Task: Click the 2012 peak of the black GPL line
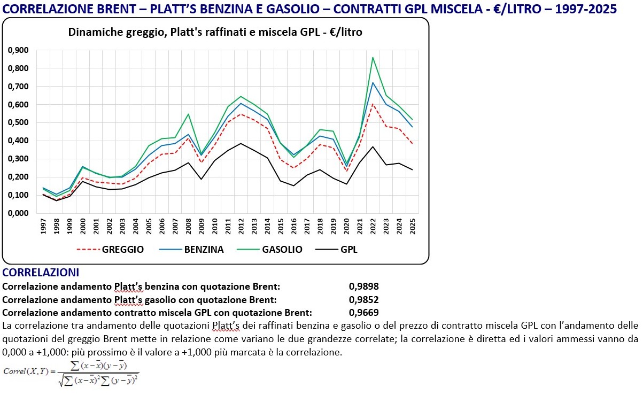[x=241, y=143]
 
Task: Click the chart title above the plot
[x=215, y=32]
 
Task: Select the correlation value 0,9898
[x=363, y=286]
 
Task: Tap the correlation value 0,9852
[x=363, y=299]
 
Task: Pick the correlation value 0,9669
[x=363, y=313]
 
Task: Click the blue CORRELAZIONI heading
[x=41, y=273]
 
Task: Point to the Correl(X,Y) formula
[x=72, y=373]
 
